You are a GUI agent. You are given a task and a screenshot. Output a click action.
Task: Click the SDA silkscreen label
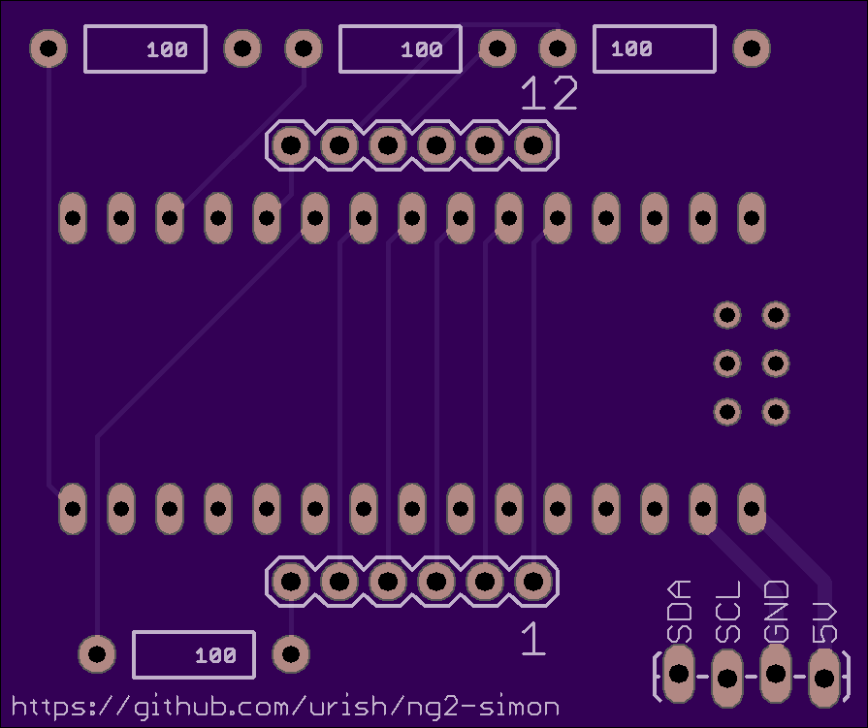pos(680,612)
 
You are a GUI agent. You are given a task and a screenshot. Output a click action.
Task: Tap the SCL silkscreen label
pos(728,612)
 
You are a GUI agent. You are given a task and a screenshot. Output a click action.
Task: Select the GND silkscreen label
pos(776,612)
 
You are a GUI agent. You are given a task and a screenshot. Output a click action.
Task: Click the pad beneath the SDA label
pos(679,674)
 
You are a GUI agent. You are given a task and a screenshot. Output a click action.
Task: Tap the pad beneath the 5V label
pos(824,678)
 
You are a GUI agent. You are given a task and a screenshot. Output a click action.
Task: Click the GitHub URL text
pos(285,707)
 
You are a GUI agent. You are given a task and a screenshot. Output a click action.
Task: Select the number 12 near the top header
pos(549,93)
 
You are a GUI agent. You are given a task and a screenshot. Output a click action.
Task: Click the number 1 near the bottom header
pos(533,639)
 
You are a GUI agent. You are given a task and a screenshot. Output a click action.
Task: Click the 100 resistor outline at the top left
pos(145,48)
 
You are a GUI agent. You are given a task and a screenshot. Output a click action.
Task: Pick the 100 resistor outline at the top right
pos(655,48)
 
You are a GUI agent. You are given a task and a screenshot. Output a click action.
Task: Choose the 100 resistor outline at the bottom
pos(194,654)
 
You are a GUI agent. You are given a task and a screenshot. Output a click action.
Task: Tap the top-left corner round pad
pos(48,48)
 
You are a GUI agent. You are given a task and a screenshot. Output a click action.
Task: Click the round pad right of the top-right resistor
pos(752,48)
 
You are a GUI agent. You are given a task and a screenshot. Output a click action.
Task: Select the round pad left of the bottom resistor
pos(97,654)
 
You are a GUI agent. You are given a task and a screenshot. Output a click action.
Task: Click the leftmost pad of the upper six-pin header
pos(291,145)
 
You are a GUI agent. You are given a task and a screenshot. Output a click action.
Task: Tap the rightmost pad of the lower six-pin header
pos(533,582)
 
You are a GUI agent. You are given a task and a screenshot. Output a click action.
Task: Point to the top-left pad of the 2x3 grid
pos(727,315)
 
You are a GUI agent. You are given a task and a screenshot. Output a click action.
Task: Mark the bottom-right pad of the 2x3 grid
pos(776,412)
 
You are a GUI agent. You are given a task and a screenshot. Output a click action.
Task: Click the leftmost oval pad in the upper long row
pos(73,218)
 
